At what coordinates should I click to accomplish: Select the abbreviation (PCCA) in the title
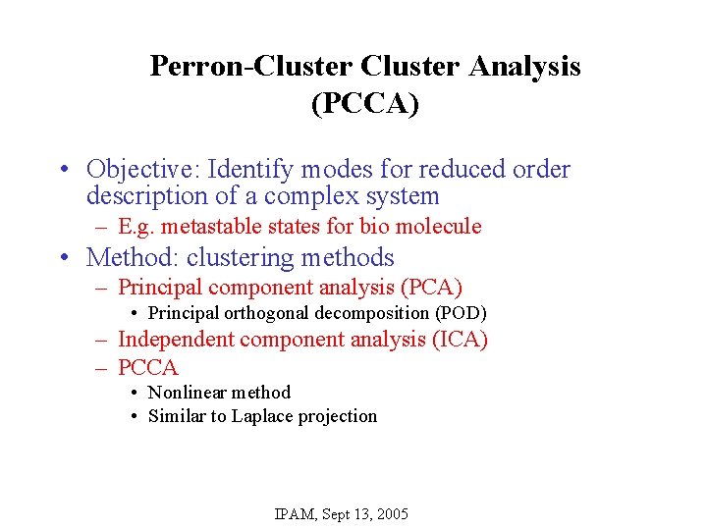point(364,104)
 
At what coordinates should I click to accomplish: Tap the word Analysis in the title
point(524,67)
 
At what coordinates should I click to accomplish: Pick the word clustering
point(242,258)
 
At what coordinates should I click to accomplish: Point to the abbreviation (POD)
point(461,313)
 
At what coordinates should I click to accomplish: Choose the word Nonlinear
point(187,393)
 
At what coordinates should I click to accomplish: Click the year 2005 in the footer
point(390,514)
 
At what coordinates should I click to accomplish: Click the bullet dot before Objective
point(62,171)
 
